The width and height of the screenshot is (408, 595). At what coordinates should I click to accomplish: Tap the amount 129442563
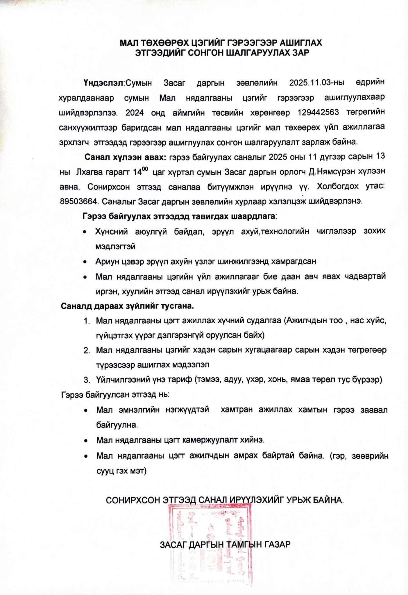click(318, 113)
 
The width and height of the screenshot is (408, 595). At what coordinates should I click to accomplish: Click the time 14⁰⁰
click(141, 171)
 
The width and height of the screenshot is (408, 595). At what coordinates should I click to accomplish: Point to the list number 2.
click(86, 351)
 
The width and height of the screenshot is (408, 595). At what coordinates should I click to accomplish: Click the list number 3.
click(86, 380)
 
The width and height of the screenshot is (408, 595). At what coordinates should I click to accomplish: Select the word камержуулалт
click(211, 440)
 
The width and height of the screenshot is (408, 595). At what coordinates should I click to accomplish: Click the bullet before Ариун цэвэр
click(85, 262)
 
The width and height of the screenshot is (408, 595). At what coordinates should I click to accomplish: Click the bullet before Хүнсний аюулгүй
click(85, 232)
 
